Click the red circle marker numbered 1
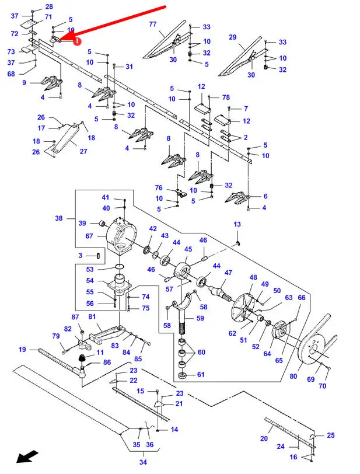[77, 41]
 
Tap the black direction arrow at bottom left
[27, 456]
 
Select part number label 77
[152, 24]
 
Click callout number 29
[232, 37]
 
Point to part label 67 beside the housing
[89, 236]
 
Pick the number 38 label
[58, 218]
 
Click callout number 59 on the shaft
[200, 318]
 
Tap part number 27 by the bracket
[83, 152]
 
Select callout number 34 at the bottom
[142, 463]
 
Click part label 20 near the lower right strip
[263, 438]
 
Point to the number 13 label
[237, 225]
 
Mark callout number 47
[228, 273]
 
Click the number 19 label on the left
[22, 350]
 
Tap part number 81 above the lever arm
[92, 317]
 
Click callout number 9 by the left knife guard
[24, 83]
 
